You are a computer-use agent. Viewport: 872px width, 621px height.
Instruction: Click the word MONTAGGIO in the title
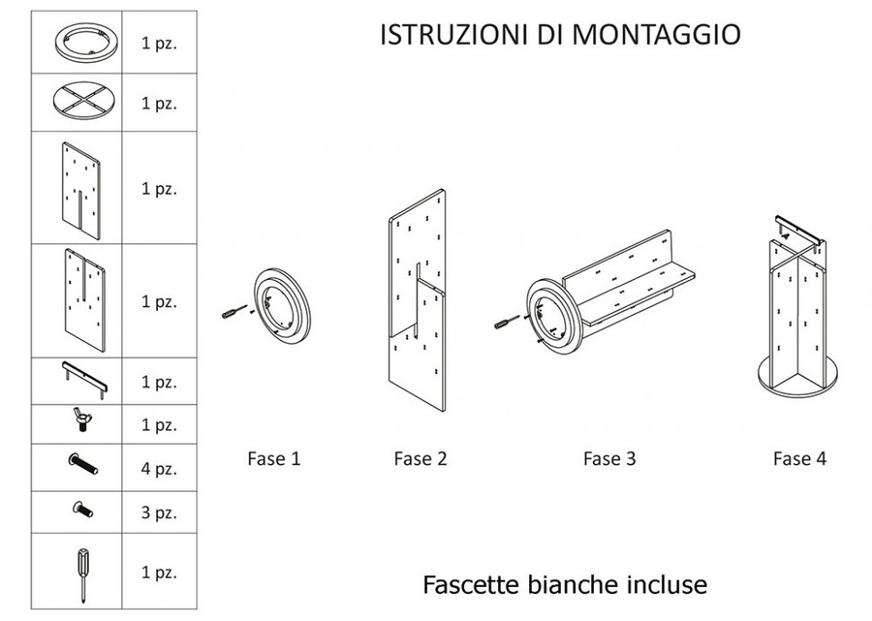click(656, 34)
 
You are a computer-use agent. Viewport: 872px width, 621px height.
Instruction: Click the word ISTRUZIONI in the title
click(454, 34)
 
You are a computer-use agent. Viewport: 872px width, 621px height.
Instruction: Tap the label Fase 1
click(274, 459)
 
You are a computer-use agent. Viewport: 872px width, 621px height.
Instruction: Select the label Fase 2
click(421, 459)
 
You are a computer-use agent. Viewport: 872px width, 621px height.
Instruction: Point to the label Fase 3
click(609, 459)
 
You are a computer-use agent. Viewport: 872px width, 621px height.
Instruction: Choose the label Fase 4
click(799, 459)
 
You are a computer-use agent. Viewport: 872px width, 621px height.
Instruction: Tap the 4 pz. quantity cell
click(159, 468)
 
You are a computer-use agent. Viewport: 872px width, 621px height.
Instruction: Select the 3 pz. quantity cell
click(159, 512)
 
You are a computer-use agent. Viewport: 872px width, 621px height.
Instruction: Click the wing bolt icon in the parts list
click(82, 420)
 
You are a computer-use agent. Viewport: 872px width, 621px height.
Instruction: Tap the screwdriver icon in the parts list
click(83, 573)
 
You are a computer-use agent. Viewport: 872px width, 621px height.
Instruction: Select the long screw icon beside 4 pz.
click(83, 464)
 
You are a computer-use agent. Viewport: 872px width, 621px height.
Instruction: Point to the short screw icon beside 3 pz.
click(83, 509)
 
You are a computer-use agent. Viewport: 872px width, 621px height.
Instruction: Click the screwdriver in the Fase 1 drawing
click(234, 311)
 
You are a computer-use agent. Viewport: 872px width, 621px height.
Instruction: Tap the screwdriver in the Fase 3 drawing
click(507, 321)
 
